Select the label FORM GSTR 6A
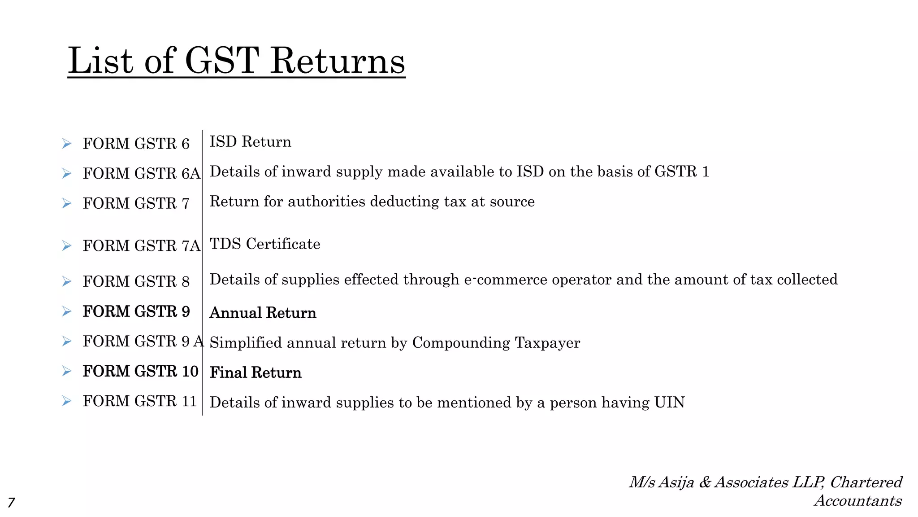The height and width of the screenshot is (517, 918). tap(141, 173)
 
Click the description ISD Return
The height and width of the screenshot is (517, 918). tap(250, 142)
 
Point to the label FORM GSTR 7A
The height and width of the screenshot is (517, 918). tap(141, 245)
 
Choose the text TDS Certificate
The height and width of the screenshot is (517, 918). tap(265, 244)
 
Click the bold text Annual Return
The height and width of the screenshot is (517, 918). tap(263, 313)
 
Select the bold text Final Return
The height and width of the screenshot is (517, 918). tap(255, 372)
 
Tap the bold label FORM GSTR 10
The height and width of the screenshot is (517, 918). tap(140, 371)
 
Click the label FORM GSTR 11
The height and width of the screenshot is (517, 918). tap(140, 401)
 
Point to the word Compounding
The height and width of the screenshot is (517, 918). tap(461, 343)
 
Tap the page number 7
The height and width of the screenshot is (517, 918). tap(11, 502)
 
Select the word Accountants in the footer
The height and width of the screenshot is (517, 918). tap(857, 500)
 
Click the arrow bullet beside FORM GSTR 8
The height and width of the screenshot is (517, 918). tap(67, 281)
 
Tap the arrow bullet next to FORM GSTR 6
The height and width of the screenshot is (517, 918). tap(67, 144)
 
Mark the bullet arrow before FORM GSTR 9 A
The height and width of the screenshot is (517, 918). tap(67, 342)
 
